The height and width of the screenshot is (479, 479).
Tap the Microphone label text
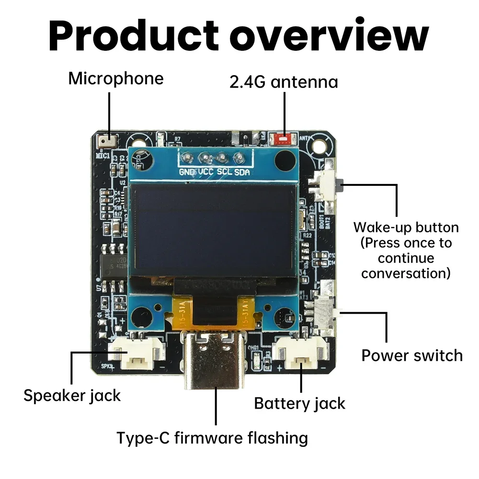click(115, 79)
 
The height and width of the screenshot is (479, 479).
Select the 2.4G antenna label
click(284, 82)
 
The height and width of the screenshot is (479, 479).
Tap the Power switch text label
click(412, 356)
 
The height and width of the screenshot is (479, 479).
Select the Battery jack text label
click(299, 403)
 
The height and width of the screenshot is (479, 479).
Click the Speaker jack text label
click(72, 396)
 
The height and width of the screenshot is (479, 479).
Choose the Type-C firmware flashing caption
click(212, 437)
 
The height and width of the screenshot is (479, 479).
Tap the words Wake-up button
click(406, 227)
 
